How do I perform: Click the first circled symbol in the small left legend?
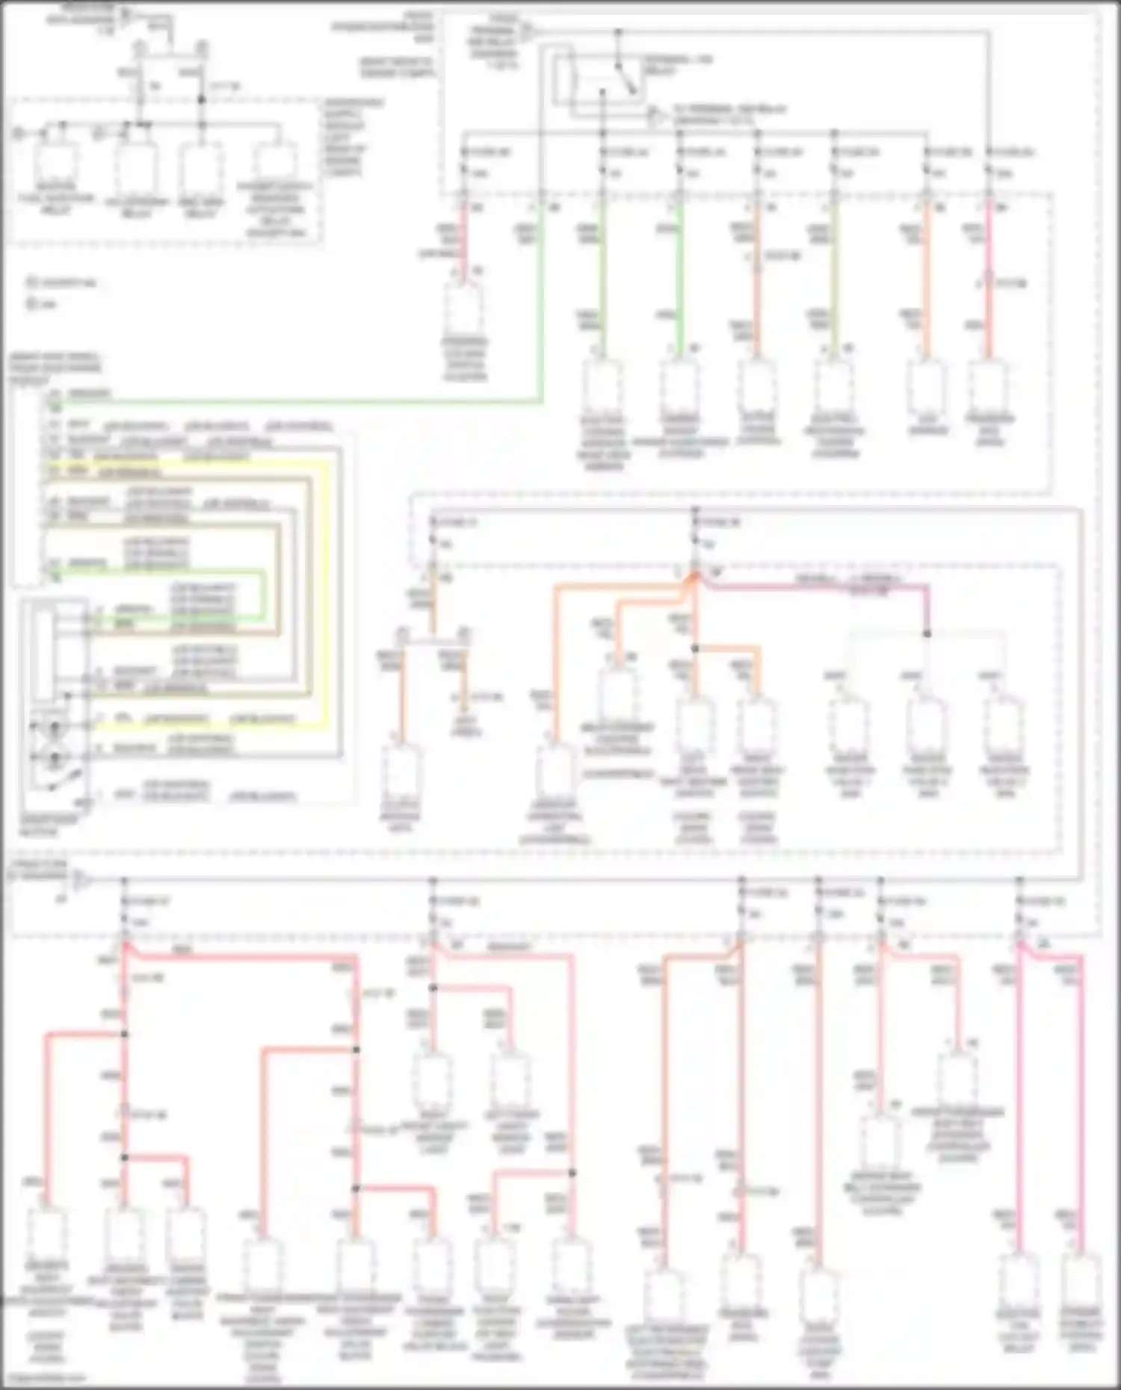[x=32, y=283]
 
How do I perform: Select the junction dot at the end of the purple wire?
[x=927, y=633]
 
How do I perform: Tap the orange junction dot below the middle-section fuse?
[x=695, y=648]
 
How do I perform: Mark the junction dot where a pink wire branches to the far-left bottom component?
[x=124, y=1034]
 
